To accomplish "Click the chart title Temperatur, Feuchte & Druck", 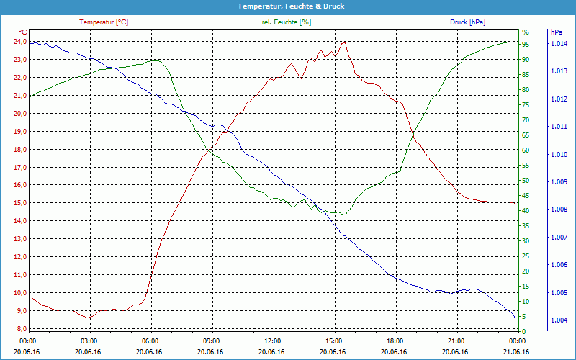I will pos(288,6).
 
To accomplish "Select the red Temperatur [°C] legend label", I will pos(104,22).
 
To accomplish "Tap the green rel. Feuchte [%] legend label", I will pos(287,22).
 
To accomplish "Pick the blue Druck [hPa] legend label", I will pos(469,22).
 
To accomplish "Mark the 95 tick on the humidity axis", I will pos(526,44).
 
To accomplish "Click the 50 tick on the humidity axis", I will pos(526,181).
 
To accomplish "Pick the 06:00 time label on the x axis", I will pos(150,341).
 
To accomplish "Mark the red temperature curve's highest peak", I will pos(344,42).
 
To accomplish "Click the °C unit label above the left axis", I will pos(23,32).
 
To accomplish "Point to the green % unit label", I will pos(526,32).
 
